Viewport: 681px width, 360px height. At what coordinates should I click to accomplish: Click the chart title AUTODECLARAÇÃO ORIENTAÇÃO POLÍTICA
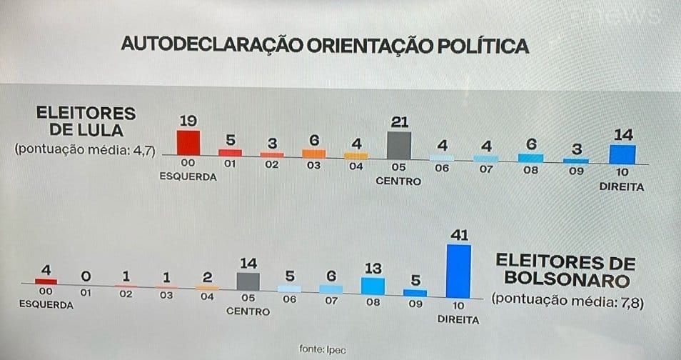click(325, 44)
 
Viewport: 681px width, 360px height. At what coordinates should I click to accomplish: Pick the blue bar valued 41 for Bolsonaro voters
click(458, 271)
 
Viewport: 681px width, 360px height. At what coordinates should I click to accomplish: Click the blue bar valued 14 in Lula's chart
click(622, 154)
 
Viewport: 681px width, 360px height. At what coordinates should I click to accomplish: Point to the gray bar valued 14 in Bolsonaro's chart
click(248, 281)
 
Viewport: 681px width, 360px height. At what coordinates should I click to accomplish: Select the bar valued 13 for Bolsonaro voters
click(373, 286)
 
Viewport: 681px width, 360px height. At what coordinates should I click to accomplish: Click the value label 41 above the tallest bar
click(458, 234)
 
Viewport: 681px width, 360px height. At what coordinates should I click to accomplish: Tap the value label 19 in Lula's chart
click(188, 120)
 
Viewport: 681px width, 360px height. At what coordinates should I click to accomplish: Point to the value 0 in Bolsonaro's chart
click(85, 276)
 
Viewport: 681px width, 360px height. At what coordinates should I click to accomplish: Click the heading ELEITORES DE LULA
click(85, 121)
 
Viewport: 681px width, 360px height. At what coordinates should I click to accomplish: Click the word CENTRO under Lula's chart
click(398, 181)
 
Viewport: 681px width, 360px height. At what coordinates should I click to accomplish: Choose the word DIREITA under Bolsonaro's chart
click(458, 319)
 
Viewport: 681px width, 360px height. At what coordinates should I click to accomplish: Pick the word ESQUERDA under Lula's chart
click(188, 176)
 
